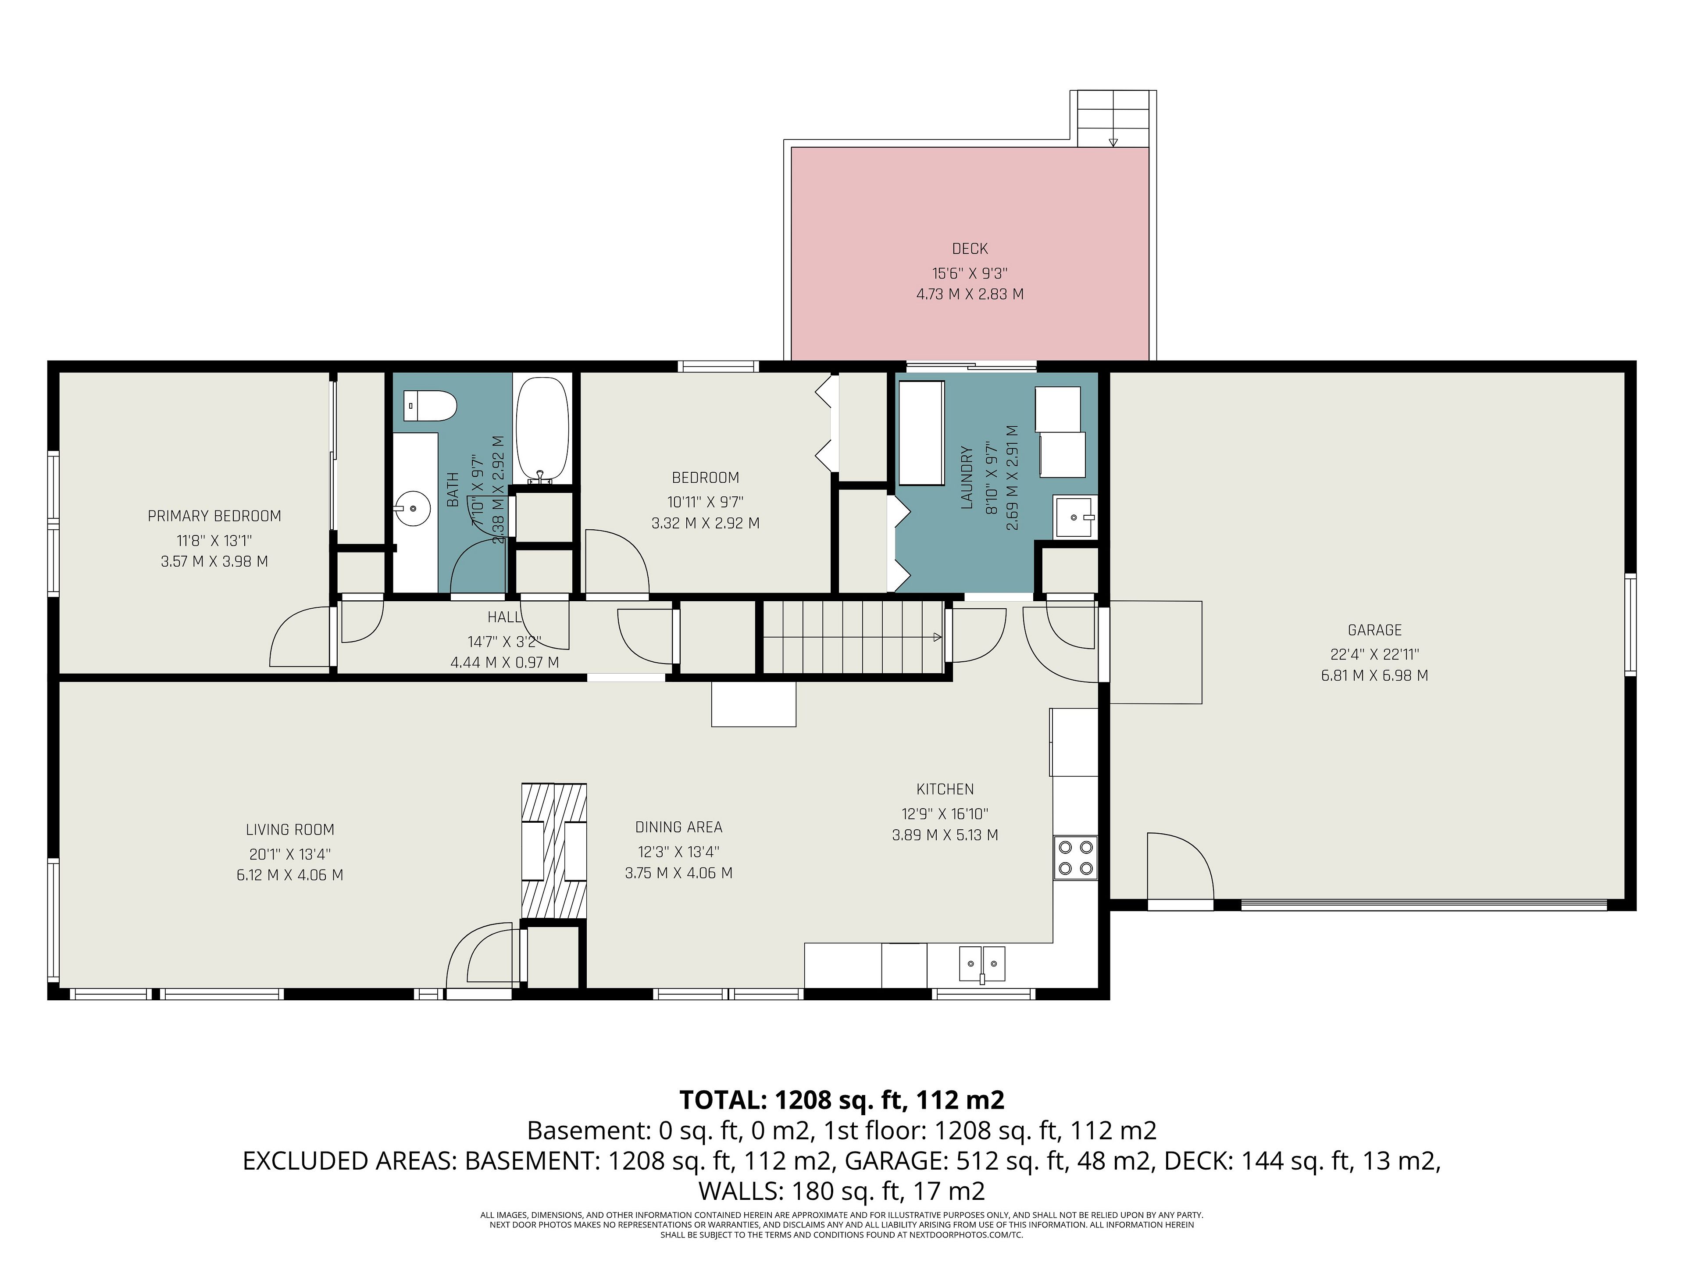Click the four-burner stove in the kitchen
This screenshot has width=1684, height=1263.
pos(1075,858)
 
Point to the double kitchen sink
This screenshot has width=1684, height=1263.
pos(981,964)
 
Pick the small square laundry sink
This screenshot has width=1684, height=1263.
pos(1074,517)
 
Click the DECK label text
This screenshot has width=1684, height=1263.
pos(970,249)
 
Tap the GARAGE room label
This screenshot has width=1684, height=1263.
pos(1374,630)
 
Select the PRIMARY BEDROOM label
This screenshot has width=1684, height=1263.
pos(215,516)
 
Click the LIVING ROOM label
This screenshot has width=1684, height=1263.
pos(290,830)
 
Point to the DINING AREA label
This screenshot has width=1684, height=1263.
pos(679,828)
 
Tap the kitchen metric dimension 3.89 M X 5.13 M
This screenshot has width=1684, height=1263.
pos(945,835)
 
